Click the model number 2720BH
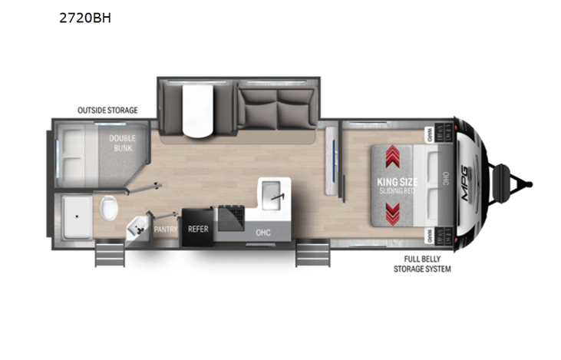[85, 19]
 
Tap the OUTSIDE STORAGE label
[107, 111]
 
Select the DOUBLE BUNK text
[122, 142]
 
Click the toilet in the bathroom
[108, 206]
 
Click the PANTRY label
[166, 229]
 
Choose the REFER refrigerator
[199, 229]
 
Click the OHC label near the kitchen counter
[264, 231]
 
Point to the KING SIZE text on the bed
[391, 182]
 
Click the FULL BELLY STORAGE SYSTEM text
[421, 265]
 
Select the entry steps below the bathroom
[109, 253]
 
